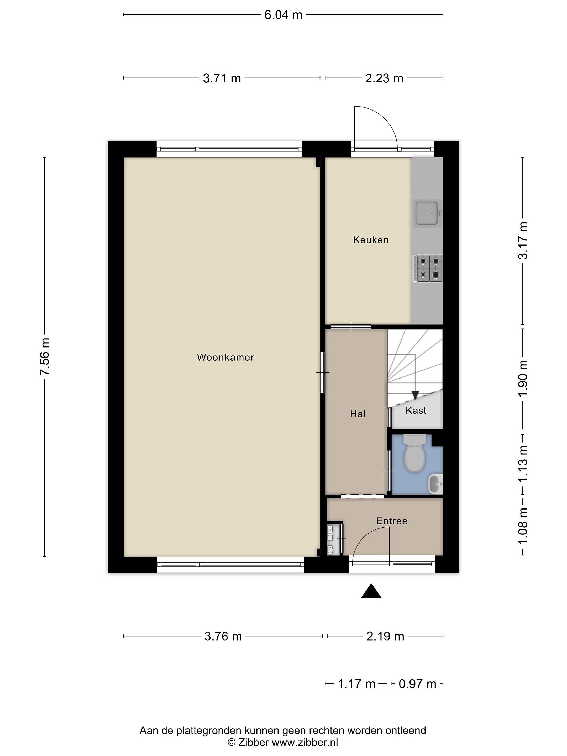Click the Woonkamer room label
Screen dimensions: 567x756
coord(225,358)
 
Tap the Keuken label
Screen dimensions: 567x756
coord(371,240)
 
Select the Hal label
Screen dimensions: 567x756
coord(358,414)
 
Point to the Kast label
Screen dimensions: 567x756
coord(416,411)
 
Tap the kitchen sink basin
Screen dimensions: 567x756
coord(427,213)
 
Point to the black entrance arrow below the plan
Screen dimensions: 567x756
coord(371,591)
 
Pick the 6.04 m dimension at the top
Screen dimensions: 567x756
coord(283,15)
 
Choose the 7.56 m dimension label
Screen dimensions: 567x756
coord(45,357)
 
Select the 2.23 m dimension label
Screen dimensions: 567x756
coord(385,78)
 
